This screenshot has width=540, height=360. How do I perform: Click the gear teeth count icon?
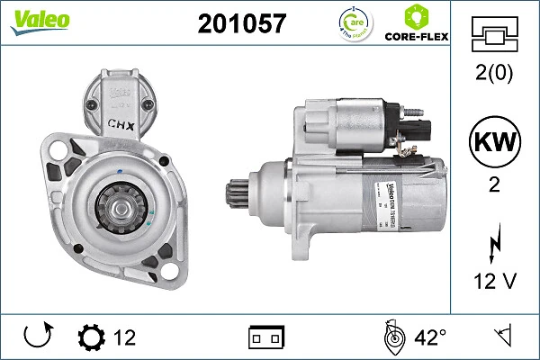(92, 338)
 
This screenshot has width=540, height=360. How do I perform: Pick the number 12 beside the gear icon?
(125, 338)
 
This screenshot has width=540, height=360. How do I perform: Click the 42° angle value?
(431, 338)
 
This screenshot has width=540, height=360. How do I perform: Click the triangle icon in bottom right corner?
(505, 337)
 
